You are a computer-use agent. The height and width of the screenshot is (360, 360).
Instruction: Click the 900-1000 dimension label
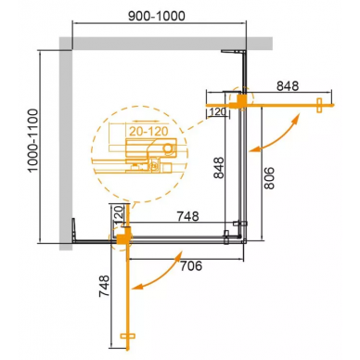(x=157, y=16)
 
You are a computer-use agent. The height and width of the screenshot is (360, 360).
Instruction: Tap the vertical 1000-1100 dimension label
(x=32, y=140)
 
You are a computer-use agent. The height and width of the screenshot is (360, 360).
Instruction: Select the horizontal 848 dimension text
(x=288, y=86)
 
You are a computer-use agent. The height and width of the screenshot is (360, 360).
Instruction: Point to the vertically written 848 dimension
(x=219, y=167)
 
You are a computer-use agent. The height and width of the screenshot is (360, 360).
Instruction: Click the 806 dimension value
(x=269, y=178)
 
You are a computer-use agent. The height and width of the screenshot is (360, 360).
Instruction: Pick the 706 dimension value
(x=191, y=265)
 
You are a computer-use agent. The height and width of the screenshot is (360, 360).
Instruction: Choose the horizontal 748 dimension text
(x=187, y=216)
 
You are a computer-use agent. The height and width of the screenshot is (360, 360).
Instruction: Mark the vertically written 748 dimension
(x=104, y=286)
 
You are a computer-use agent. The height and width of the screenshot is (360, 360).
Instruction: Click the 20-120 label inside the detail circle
(x=148, y=132)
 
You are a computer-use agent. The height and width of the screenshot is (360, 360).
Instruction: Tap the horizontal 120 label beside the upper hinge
(x=218, y=111)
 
